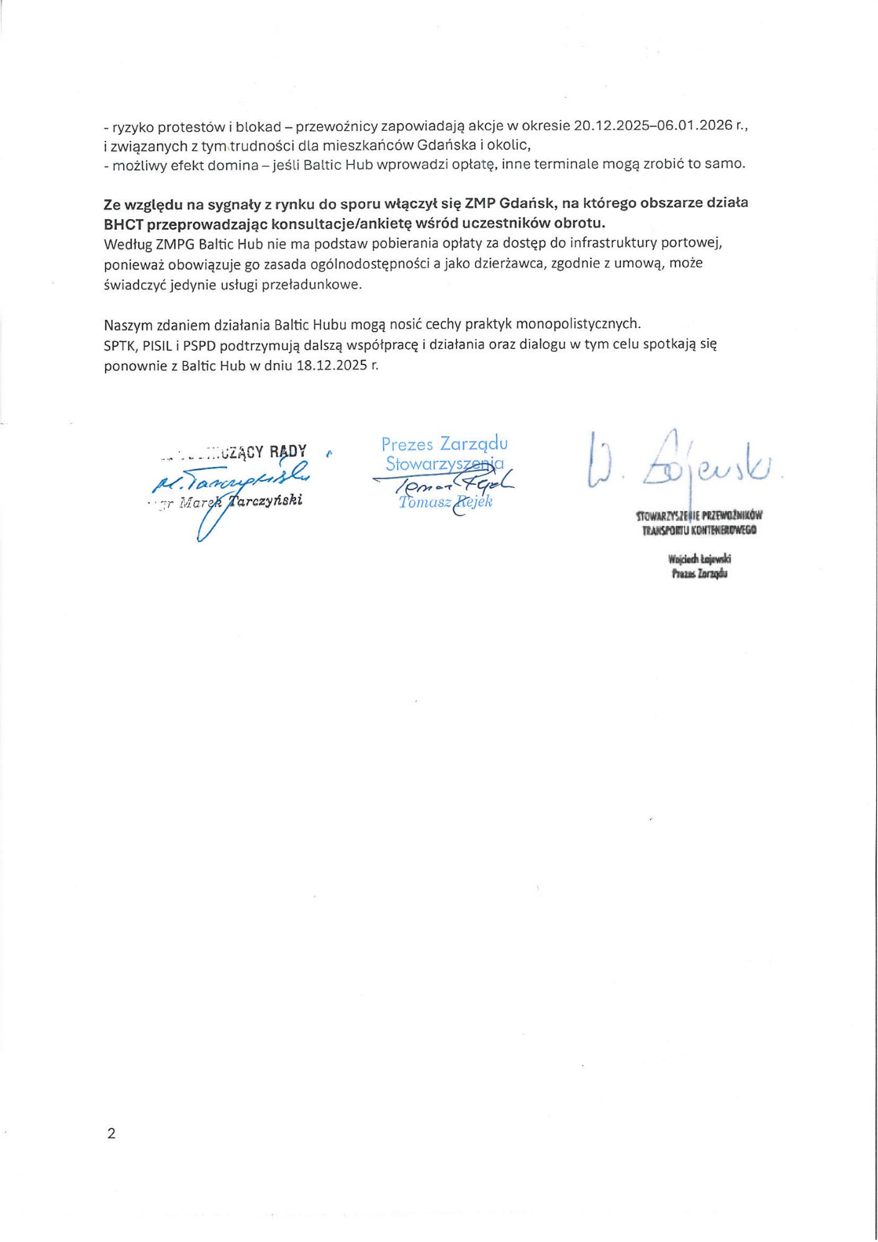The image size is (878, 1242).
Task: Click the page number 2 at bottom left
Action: tap(111, 1133)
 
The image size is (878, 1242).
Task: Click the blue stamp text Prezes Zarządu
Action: tap(444, 444)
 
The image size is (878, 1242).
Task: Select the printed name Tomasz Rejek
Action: tap(445, 502)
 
